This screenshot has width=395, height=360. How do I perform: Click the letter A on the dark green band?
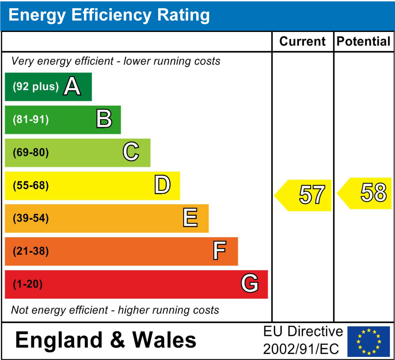(72, 86)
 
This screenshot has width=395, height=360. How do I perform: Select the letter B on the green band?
(104, 119)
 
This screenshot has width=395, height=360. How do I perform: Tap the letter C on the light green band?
(131, 152)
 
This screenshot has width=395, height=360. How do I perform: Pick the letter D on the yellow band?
(162, 185)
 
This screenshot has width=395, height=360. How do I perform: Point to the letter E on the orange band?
(190, 218)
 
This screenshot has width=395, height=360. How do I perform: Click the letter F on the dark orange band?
(219, 251)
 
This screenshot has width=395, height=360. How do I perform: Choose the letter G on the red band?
(250, 284)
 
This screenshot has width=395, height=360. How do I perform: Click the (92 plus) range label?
(36, 87)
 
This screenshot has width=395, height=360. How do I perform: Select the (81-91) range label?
(31, 120)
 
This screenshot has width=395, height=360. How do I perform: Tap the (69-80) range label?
(31, 153)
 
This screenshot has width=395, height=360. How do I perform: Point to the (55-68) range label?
(31, 185)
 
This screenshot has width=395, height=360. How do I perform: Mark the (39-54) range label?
(31, 218)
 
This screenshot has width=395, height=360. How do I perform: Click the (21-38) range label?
(31, 251)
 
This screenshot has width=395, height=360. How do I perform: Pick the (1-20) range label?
(28, 284)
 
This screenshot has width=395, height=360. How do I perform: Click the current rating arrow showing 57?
(304, 195)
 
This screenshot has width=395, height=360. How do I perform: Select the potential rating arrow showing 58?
(366, 193)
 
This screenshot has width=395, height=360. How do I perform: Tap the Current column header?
(302, 42)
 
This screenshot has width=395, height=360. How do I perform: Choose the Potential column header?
(364, 42)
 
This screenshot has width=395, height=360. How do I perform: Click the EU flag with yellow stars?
(369, 341)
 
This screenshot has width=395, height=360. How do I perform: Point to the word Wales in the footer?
(164, 340)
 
